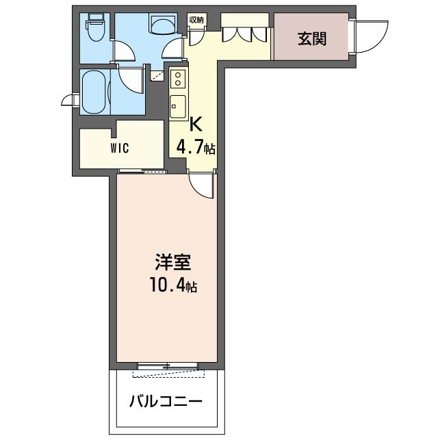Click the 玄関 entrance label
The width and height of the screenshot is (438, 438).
coord(312,39)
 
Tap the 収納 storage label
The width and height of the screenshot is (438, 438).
coord(197,20)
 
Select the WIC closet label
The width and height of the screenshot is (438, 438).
coord(120,148)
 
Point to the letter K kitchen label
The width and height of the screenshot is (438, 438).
coord(196,125)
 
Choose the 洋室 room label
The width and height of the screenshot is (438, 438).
coord(173,262)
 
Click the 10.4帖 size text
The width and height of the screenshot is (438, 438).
coord(173,285)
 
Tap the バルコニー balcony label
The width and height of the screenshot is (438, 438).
coord(166,402)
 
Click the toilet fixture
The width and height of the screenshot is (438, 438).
coord(96,27)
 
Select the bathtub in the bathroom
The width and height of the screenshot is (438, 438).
coord(94,92)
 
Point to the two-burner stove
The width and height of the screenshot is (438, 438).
coord(178,79)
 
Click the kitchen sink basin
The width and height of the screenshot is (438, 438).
coord(178,106)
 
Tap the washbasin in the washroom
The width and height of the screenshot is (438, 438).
coord(164,24)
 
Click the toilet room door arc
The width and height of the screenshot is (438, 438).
coord(125,51)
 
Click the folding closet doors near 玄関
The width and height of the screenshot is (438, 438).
coord(244,34)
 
